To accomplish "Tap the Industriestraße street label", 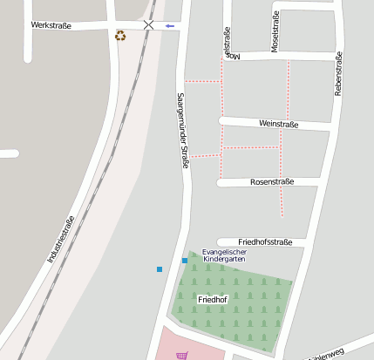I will click(61, 239).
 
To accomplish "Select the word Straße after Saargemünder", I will click(185, 158).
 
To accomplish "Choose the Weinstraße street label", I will click(279, 125).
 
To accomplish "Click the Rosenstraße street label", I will click(272, 182).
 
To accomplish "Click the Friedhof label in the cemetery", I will click(213, 300).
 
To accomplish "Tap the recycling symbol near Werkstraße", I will click(120, 36).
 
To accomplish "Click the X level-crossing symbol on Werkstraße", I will click(149, 25).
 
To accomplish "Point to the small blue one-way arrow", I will click(169, 26).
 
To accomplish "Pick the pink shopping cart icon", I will click(181, 355).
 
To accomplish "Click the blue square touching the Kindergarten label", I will click(185, 261).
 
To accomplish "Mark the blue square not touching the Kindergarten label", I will click(160, 268).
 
